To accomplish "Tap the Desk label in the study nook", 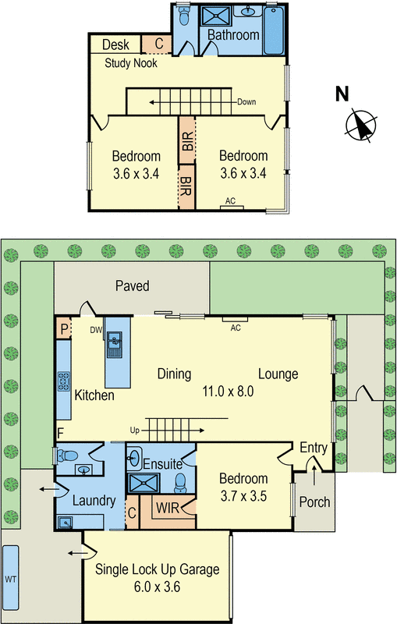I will coord(115,44).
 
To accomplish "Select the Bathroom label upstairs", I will coord(233,35).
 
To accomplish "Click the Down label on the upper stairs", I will coord(246,102).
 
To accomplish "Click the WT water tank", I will coord(10,579).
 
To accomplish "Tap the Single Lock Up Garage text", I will coord(157,569).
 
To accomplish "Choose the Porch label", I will coord(314,502).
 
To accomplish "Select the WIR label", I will coord(168,509).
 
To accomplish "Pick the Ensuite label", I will coord(163,463).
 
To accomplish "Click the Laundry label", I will coord(95,502).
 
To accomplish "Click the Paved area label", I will coord(132,286).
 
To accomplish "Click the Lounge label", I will coord(278,374).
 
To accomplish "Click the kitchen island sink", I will coord(115,341).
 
